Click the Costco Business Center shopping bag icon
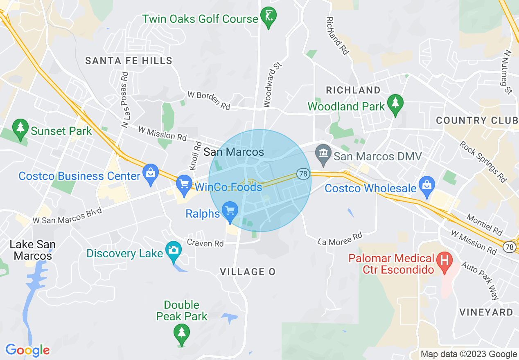pyautogui.click(x=151, y=175)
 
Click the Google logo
pyautogui.click(x=27, y=350)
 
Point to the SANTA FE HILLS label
pyautogui.click(x=129, y=61)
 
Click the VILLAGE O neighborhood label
pyautogui.click(x=248, y=272)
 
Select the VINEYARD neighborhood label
pyautogui.click(x=486, y=312)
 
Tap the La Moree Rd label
pyautogui.click(x=341, y=239)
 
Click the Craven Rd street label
pyautogui.click(x=205, y=243)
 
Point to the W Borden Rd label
pyautogui.click(x=209, y=100)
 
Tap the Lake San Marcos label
pyautogui.click(x=33, y=250)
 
